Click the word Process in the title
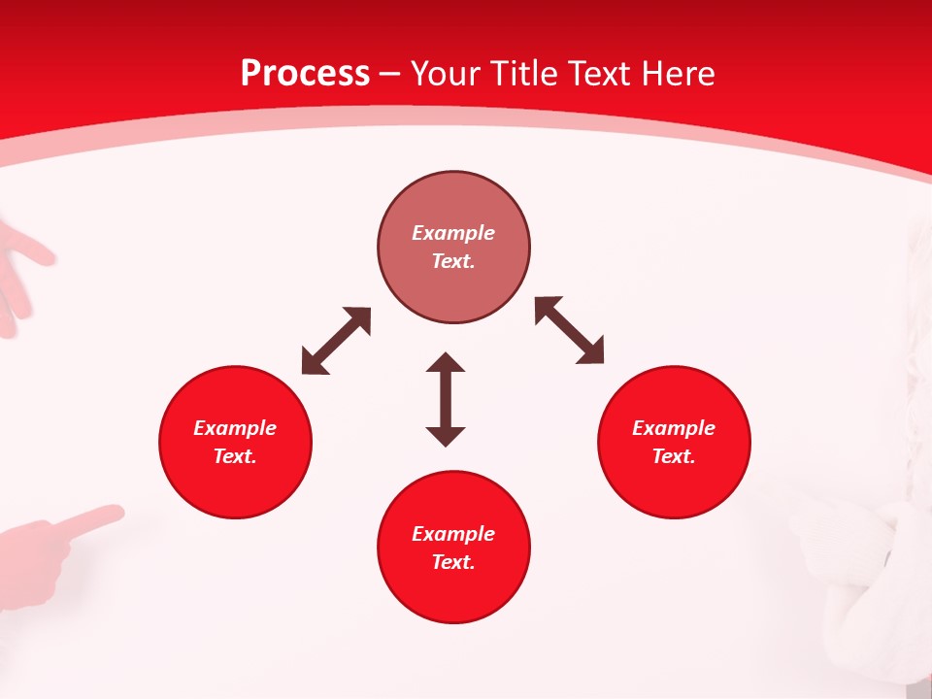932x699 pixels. tap(305, 74)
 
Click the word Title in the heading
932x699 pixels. tap(523, 74)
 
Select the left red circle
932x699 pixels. tap(235, 442)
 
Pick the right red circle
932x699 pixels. tap(674, 442)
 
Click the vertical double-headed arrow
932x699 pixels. tap(446, 399)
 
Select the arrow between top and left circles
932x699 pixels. tap(336, 341)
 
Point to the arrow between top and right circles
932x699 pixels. tap(569, 330)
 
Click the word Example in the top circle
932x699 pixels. tap(453, 233)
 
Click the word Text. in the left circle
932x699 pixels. tap(235, 456)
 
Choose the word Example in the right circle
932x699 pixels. tap(674, 428)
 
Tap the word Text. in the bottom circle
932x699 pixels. tap(453, 562)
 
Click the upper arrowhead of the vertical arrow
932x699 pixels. tap(446, 363)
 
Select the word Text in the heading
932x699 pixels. tap(597, 74)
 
